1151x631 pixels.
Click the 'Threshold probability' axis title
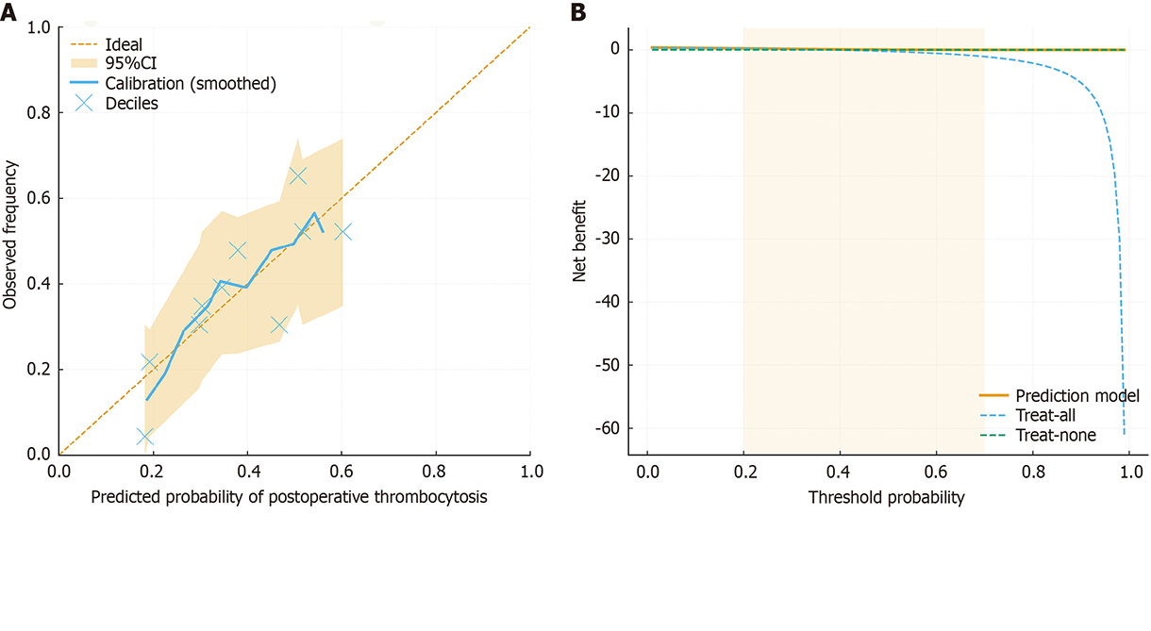[886, 497]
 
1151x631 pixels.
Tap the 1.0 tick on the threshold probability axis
[1128, 472]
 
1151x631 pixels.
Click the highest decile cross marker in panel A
[298, 175]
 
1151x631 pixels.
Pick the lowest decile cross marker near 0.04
[144, 437]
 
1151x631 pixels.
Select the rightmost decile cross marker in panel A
[342, 231]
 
